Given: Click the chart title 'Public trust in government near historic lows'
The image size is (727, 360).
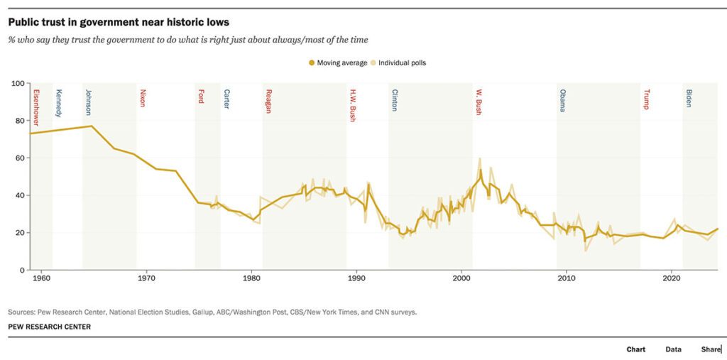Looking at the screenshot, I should tap(119, 23).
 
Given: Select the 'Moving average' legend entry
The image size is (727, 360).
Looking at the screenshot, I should tap(337, 62).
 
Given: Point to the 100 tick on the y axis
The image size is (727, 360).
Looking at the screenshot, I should tap(18, 83).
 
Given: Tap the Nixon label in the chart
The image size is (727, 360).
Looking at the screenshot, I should tap(143, 97).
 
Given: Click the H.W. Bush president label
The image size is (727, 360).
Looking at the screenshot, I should tap(352, 105).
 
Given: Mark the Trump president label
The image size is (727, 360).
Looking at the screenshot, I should tap(646, 99).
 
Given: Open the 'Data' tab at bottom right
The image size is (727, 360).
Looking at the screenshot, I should tap(673, 349).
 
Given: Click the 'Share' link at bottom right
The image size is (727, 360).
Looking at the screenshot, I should tap(710, 349).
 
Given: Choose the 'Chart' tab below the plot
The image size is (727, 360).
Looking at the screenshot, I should tap(635, 349).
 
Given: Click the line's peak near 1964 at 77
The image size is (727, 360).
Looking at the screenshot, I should tap(92, 126).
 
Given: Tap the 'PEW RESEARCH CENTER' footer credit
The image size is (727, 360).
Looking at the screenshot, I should tap(49, 327).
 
